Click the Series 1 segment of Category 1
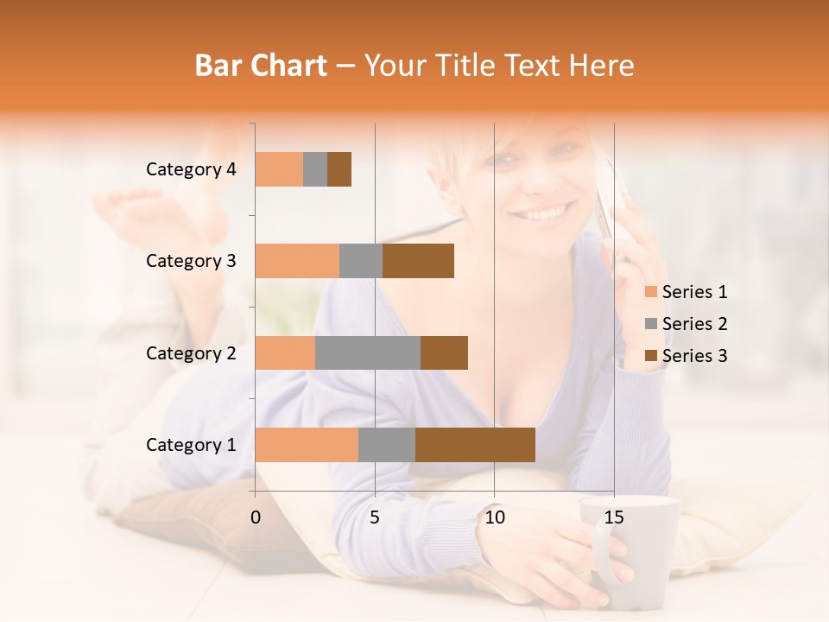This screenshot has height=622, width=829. click(307, 444)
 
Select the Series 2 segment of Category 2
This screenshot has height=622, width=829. click(367, 352)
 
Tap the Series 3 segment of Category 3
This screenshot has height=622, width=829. click(418, 261)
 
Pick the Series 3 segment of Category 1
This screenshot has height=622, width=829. click(475, 444)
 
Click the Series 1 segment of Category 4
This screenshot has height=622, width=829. click(279, 169)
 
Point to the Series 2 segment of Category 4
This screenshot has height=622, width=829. click(315, 169)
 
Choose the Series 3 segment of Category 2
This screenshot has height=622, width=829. click(444, 352)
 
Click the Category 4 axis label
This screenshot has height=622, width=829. click(191, 169)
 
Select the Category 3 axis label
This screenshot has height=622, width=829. click(191, 261)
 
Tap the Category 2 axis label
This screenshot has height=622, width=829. click(191, 352)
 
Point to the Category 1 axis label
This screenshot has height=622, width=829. click(191, 445)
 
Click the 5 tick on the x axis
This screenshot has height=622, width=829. click(375, 517)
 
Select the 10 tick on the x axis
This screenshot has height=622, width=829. click(494, 517)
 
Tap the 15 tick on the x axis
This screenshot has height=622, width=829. click(614, 517)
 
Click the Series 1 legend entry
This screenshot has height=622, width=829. click(687, 292)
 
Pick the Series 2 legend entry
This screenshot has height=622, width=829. click(687, 324)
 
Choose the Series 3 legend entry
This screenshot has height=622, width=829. click(687, 356)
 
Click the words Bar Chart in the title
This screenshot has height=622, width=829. click(261, 65)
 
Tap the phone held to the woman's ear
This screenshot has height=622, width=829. click(610, 203)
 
